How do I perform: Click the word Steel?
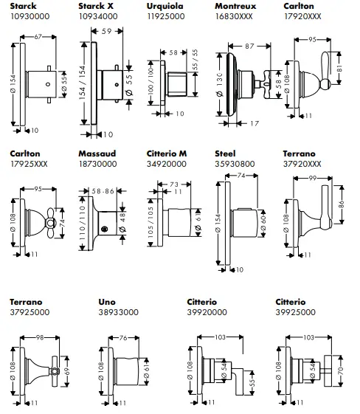coord(224,153)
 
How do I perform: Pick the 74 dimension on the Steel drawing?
coord(241,176)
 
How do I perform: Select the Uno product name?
coord(106,301)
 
